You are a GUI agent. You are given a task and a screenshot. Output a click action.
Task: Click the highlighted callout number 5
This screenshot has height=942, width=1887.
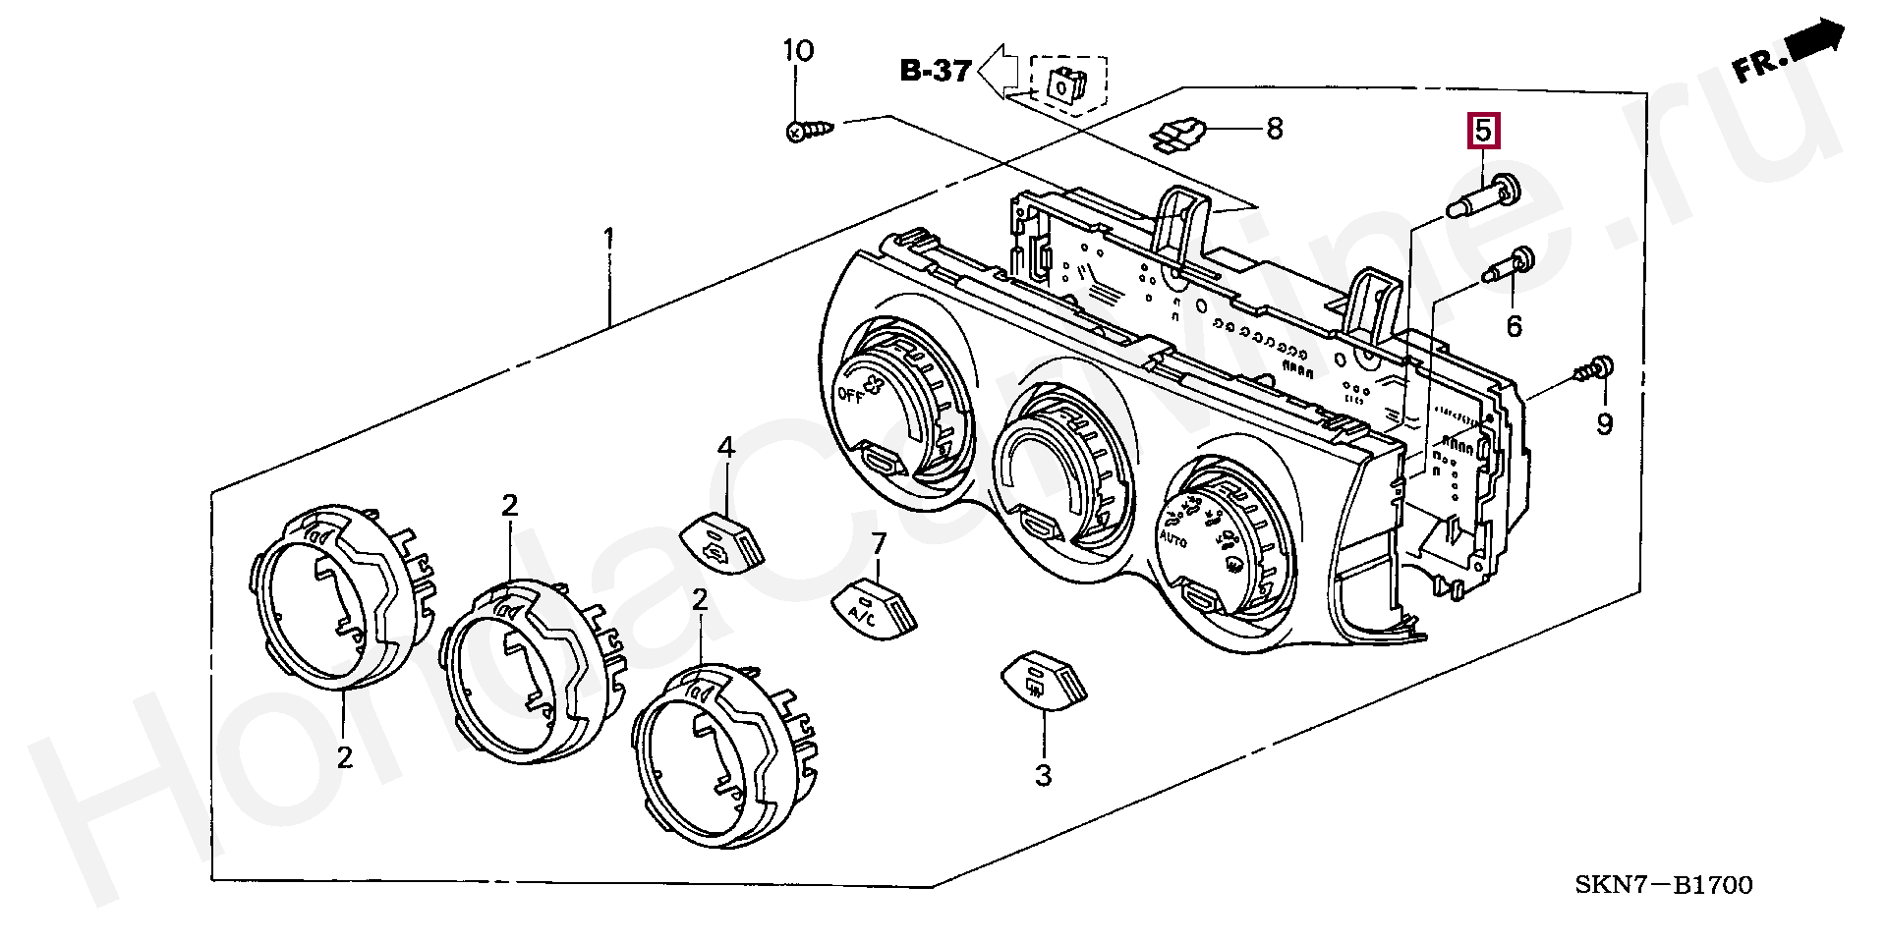click(x=1483, y=131)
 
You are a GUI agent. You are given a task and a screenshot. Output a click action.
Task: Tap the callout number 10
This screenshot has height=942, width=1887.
click(x=798, y=50)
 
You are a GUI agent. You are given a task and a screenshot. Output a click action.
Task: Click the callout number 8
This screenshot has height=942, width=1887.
click(x=1274, y=129)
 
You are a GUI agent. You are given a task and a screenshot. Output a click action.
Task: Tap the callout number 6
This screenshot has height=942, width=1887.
click(x=1514, y=325)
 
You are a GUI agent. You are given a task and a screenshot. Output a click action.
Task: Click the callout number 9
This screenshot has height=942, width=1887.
click(x=1604, y=424)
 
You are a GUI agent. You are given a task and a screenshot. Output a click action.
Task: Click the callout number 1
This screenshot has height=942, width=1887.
click(x=609, y=239)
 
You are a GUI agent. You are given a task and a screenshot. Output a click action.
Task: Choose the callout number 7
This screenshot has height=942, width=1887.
click(x=879, y=543)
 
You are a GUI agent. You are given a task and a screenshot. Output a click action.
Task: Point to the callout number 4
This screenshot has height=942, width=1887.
click(x=725, y=448)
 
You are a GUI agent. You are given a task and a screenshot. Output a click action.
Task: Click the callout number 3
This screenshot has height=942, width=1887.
click(x=1043, y=775)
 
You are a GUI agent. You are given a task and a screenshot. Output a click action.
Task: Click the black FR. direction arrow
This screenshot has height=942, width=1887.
click(x=1813, y=44)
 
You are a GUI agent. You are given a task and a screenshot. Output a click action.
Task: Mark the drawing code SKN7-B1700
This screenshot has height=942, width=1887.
click(x=1663, y=885)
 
